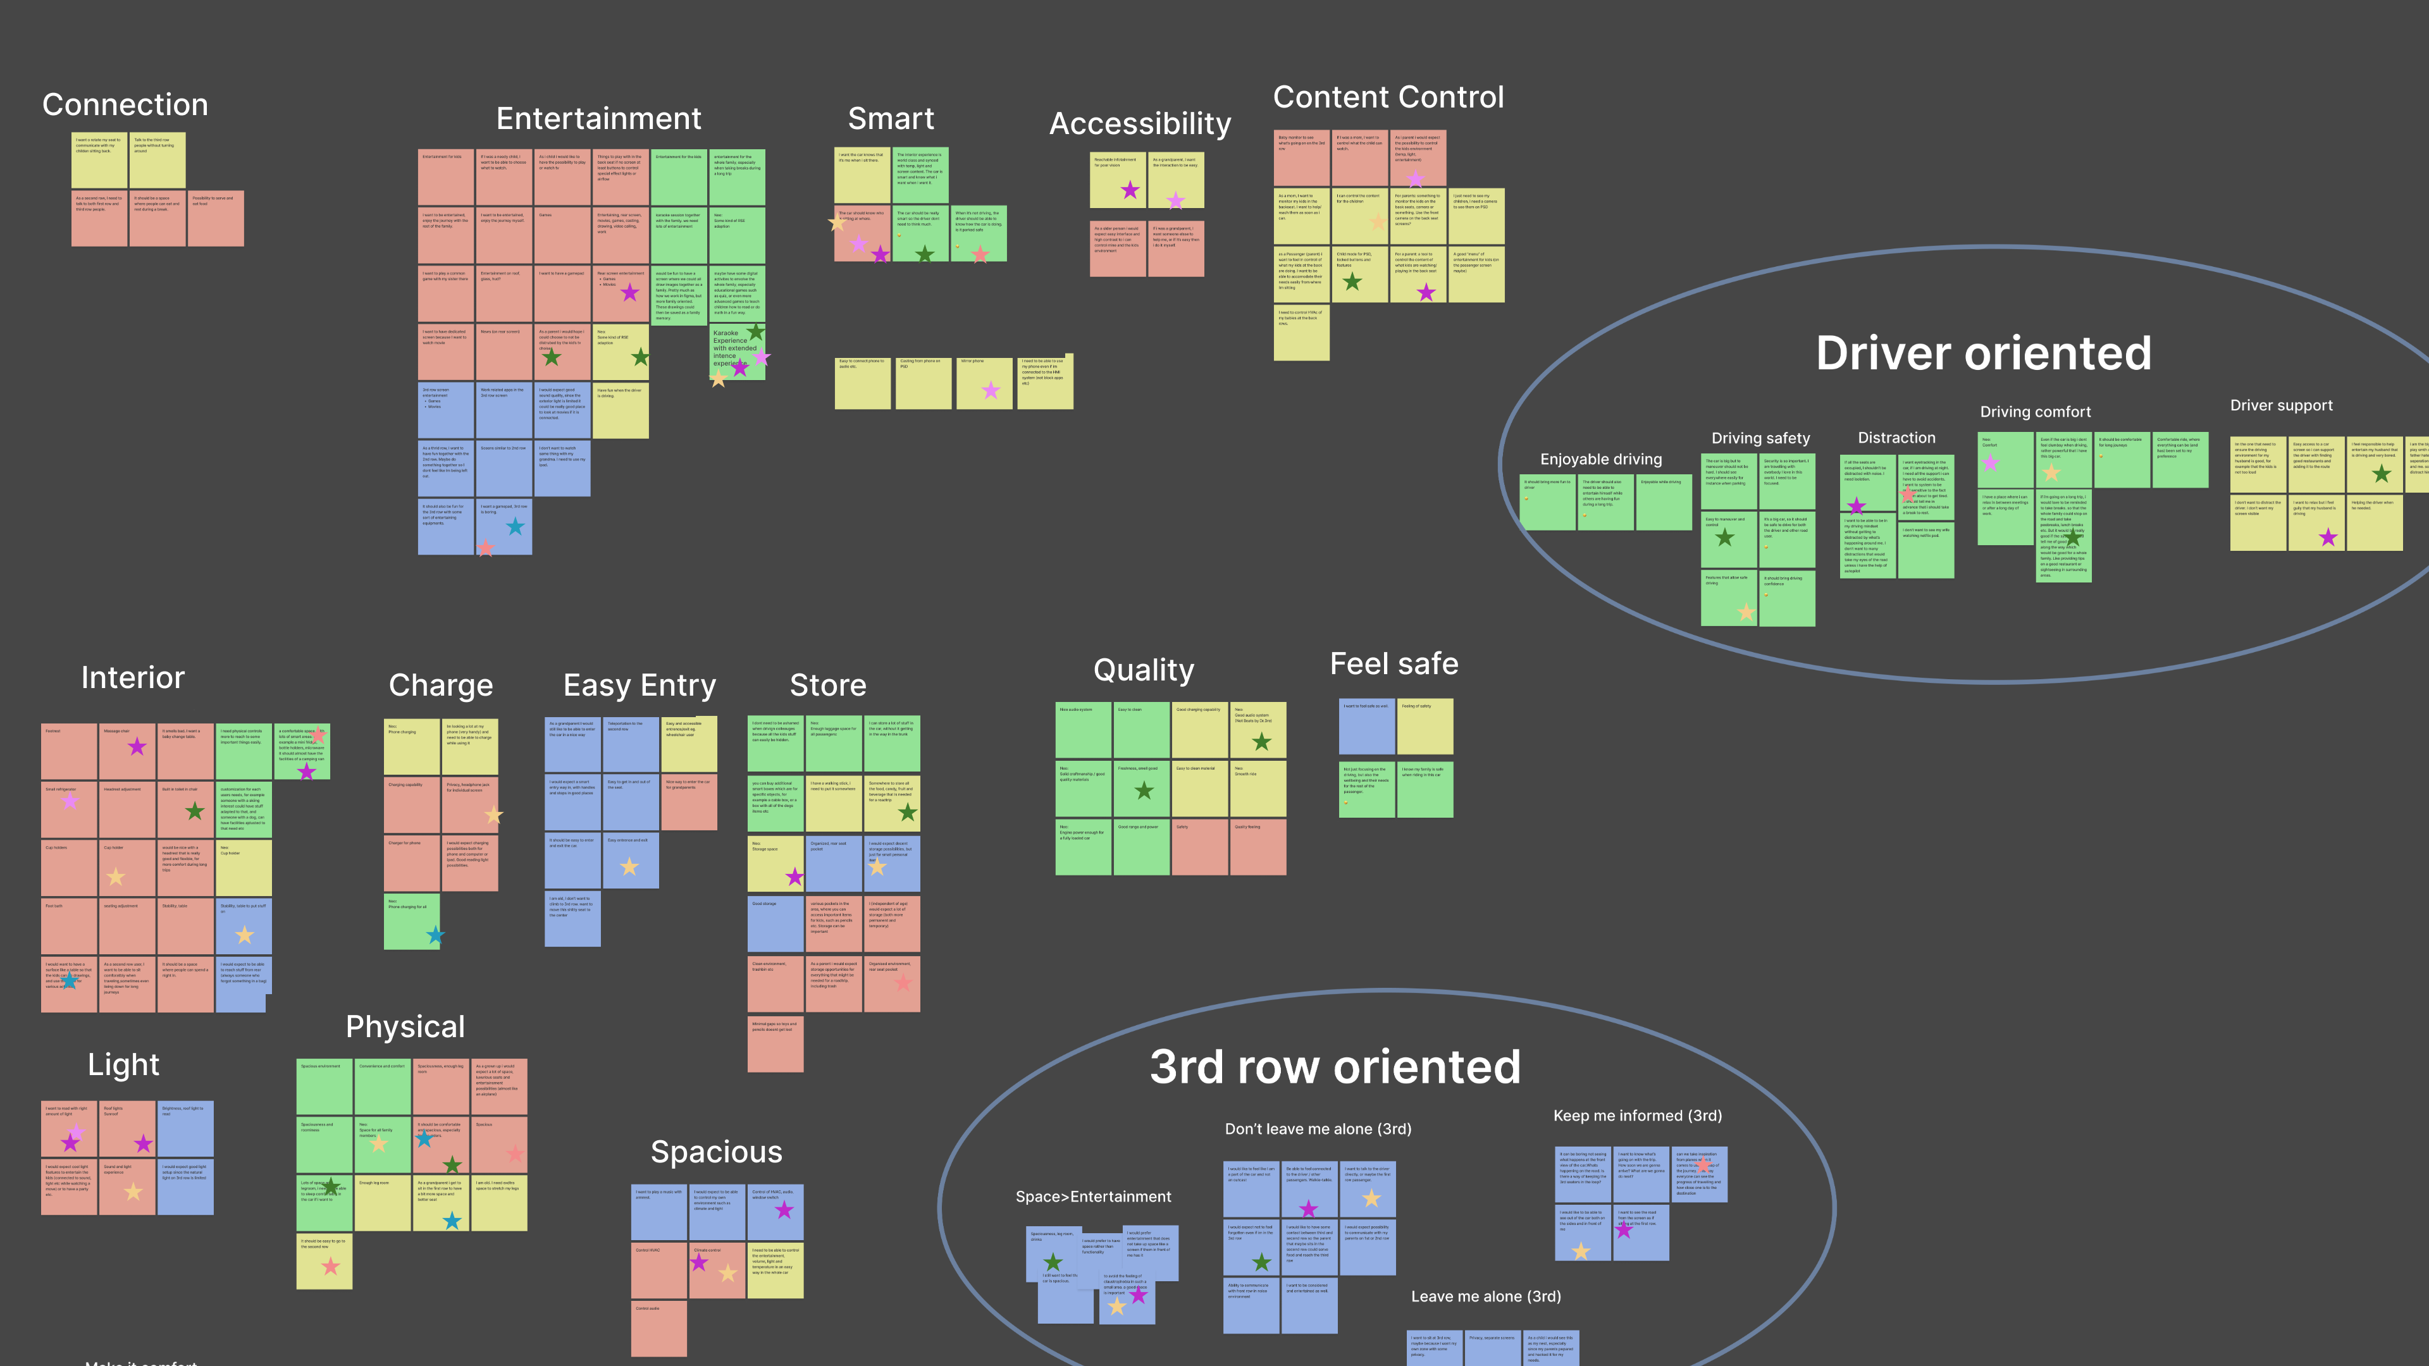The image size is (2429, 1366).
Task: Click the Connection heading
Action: coord(125,104)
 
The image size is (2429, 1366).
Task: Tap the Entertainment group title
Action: coord(599,119)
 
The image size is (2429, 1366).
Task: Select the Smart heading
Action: coord(891,119)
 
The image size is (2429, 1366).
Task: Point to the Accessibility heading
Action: coord(1140,123)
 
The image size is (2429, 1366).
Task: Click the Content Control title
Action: coord(1388,97)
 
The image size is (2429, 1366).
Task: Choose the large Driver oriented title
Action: coord(1984,354)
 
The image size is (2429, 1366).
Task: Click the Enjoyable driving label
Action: coord(1601,459)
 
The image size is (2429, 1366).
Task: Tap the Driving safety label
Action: coord(1760,438)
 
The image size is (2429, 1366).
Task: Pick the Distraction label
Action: coord(1896,438)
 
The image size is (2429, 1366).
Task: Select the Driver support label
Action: coord(2281,405)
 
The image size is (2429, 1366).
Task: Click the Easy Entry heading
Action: coord(640,686)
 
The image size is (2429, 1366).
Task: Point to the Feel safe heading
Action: coord(1394,663)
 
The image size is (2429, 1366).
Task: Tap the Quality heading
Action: coord(1144,670)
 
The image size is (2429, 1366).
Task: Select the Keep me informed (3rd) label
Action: coord(1637,1115)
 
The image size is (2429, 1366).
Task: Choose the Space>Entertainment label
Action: coord(1093,1197)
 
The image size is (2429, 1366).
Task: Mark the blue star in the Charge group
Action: coord(435,935)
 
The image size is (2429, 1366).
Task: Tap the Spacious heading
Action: coord(717,1152)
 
